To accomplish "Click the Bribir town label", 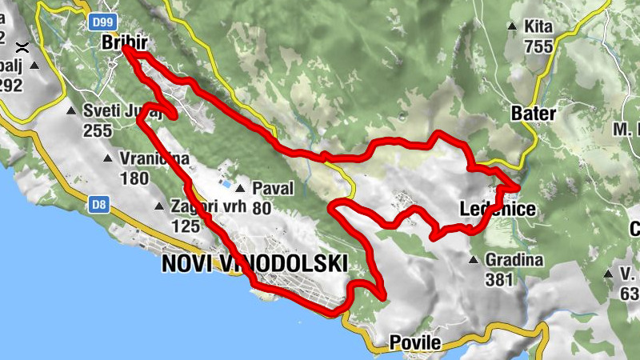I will (126, 43).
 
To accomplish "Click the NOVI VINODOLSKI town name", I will (254, 264).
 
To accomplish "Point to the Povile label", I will (414, 343).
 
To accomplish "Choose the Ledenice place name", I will (497, 210).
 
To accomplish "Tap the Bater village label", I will (532, 114).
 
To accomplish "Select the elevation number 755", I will (538, 46).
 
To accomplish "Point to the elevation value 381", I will (499, 280).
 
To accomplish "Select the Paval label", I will (273, 189).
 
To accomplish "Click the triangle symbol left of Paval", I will (239, 189).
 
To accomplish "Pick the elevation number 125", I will (185, 226).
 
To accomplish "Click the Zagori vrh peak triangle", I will (158, 208).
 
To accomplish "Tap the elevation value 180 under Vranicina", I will (134, 178).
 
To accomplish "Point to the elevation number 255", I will (97, 130).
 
